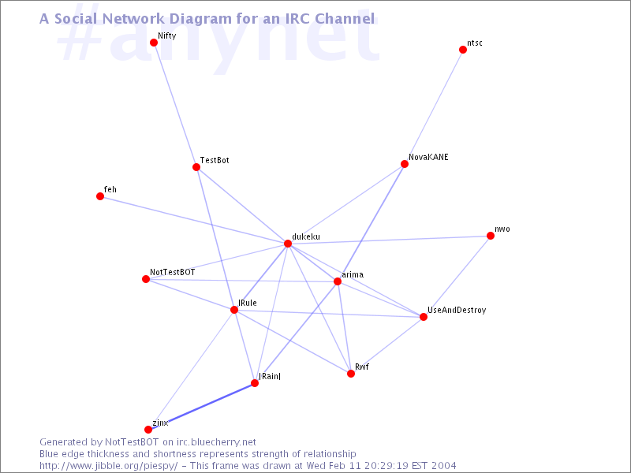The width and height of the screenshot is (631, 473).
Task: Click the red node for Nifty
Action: (154, 43)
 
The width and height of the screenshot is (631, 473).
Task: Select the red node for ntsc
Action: (463, 50)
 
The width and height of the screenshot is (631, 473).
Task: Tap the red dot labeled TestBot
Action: (196, 167)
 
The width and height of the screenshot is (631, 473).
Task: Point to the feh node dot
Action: (100, 196)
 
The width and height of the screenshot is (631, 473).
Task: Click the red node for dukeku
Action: (288, 244)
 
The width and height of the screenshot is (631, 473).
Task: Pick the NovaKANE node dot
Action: (405, 164)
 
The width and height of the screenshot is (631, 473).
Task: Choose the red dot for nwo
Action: (490, 236)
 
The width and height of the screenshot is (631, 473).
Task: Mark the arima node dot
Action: (338, 281)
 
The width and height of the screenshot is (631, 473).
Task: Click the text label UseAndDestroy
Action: (457, 310)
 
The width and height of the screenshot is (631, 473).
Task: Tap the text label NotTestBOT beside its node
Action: (172, 272)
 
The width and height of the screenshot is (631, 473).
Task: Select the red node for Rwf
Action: (351, 374)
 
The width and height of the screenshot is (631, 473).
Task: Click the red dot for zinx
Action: (148, 430)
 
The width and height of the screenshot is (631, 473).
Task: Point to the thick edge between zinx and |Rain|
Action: (202, 406)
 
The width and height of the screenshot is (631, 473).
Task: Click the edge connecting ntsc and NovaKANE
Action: (434, 107)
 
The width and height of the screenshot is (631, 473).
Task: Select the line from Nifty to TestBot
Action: (175, 105)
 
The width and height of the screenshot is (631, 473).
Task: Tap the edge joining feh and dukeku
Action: (194, 220)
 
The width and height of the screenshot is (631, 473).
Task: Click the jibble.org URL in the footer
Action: (109, 466)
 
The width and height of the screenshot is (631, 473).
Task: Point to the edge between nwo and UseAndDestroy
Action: (457, 277)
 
